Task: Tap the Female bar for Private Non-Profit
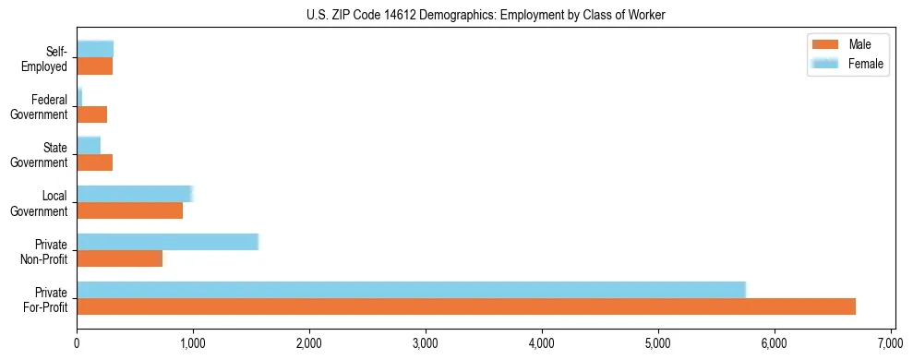click(x=167, y=242)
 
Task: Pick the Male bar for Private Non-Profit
click(x=119, y=258)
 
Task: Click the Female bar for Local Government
click(x=134, y=194)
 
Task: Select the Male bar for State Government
click(x=94, y=162)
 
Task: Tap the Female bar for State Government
click(x=89, y=146)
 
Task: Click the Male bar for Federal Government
click(x=91, y=114)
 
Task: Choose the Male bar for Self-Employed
click(x=94, y=66)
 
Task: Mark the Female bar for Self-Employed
click(x=95, y=50)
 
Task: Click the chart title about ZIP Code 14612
click(x=486, y=15)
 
